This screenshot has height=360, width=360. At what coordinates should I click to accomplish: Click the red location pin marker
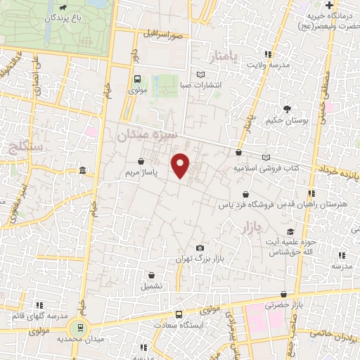181,165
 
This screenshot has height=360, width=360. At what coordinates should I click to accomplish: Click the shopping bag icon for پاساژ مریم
141,161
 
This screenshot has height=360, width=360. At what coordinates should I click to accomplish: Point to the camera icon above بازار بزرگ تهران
200,248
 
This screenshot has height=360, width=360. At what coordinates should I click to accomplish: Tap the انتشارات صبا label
201,85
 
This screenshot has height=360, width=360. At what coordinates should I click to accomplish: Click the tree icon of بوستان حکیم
287,108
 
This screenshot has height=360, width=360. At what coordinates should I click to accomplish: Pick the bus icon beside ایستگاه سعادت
179,314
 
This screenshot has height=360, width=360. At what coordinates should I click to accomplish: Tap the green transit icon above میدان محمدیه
80,327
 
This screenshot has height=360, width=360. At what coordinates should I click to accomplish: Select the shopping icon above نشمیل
150,275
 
